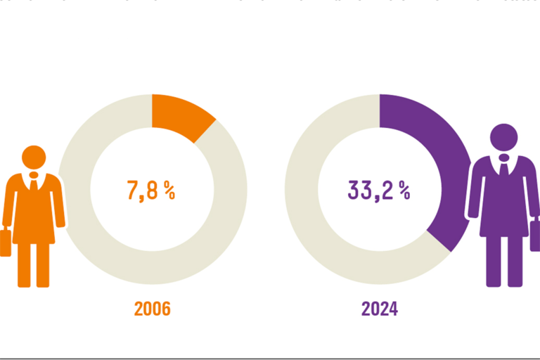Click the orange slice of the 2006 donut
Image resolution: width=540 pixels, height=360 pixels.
click(181, 115)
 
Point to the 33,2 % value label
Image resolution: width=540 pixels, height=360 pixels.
click(378, 191)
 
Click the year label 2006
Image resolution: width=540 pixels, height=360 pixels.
click(153, 309)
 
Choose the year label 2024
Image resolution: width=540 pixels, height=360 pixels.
click(380, 309)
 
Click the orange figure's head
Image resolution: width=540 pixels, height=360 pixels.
click(33, 157)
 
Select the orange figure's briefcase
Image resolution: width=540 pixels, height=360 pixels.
click(6, 242)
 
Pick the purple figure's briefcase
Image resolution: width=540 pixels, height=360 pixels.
click(535, 236)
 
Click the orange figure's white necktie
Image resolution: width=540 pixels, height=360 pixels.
click(33, 185)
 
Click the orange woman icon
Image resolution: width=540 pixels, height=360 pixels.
click(33, 211)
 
